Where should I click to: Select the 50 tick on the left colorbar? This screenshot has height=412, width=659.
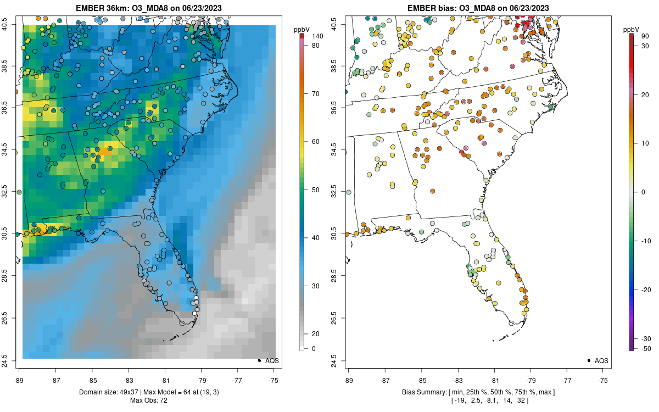point(316,190)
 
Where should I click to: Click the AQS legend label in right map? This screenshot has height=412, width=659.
point(601,361)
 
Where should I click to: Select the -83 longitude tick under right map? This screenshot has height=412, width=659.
point(458,380)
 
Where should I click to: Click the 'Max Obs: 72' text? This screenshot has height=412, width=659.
point(148,400)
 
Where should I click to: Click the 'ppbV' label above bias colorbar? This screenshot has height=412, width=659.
point(632,29)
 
